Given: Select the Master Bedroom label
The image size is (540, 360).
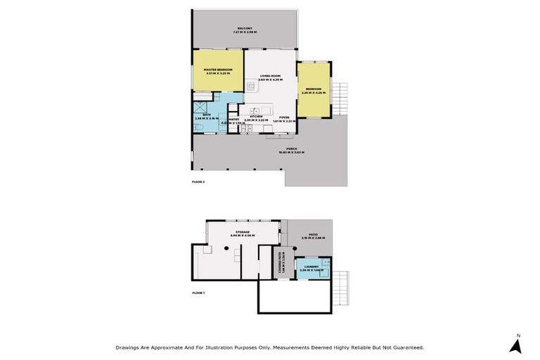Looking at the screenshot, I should [x=219, y=71].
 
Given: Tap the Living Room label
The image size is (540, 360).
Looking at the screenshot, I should [x=271, y=77].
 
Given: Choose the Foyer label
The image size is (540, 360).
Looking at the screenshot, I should [x=284, y=118].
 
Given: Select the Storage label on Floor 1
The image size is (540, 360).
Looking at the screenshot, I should [x=243, y=233].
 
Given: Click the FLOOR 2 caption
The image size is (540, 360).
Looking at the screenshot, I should [x=198, y=182].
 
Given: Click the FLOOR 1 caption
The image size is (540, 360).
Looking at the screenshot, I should [x=198, y=292].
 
